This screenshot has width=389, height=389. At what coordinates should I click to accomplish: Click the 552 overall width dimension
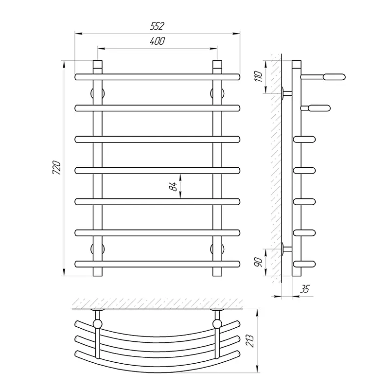157,26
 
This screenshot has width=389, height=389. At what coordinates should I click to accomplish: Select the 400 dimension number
158,41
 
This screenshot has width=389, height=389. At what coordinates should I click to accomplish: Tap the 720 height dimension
57,168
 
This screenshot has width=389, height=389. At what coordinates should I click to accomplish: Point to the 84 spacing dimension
173,187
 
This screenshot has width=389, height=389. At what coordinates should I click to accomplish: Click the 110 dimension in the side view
258,76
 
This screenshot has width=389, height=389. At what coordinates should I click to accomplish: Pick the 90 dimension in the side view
258,262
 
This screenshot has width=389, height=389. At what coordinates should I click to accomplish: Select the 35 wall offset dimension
305,289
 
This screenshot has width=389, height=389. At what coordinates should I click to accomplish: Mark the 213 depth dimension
249,341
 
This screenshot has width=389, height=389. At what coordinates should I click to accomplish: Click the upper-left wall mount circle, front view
98,93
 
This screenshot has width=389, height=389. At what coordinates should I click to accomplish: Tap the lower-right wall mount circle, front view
217,248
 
